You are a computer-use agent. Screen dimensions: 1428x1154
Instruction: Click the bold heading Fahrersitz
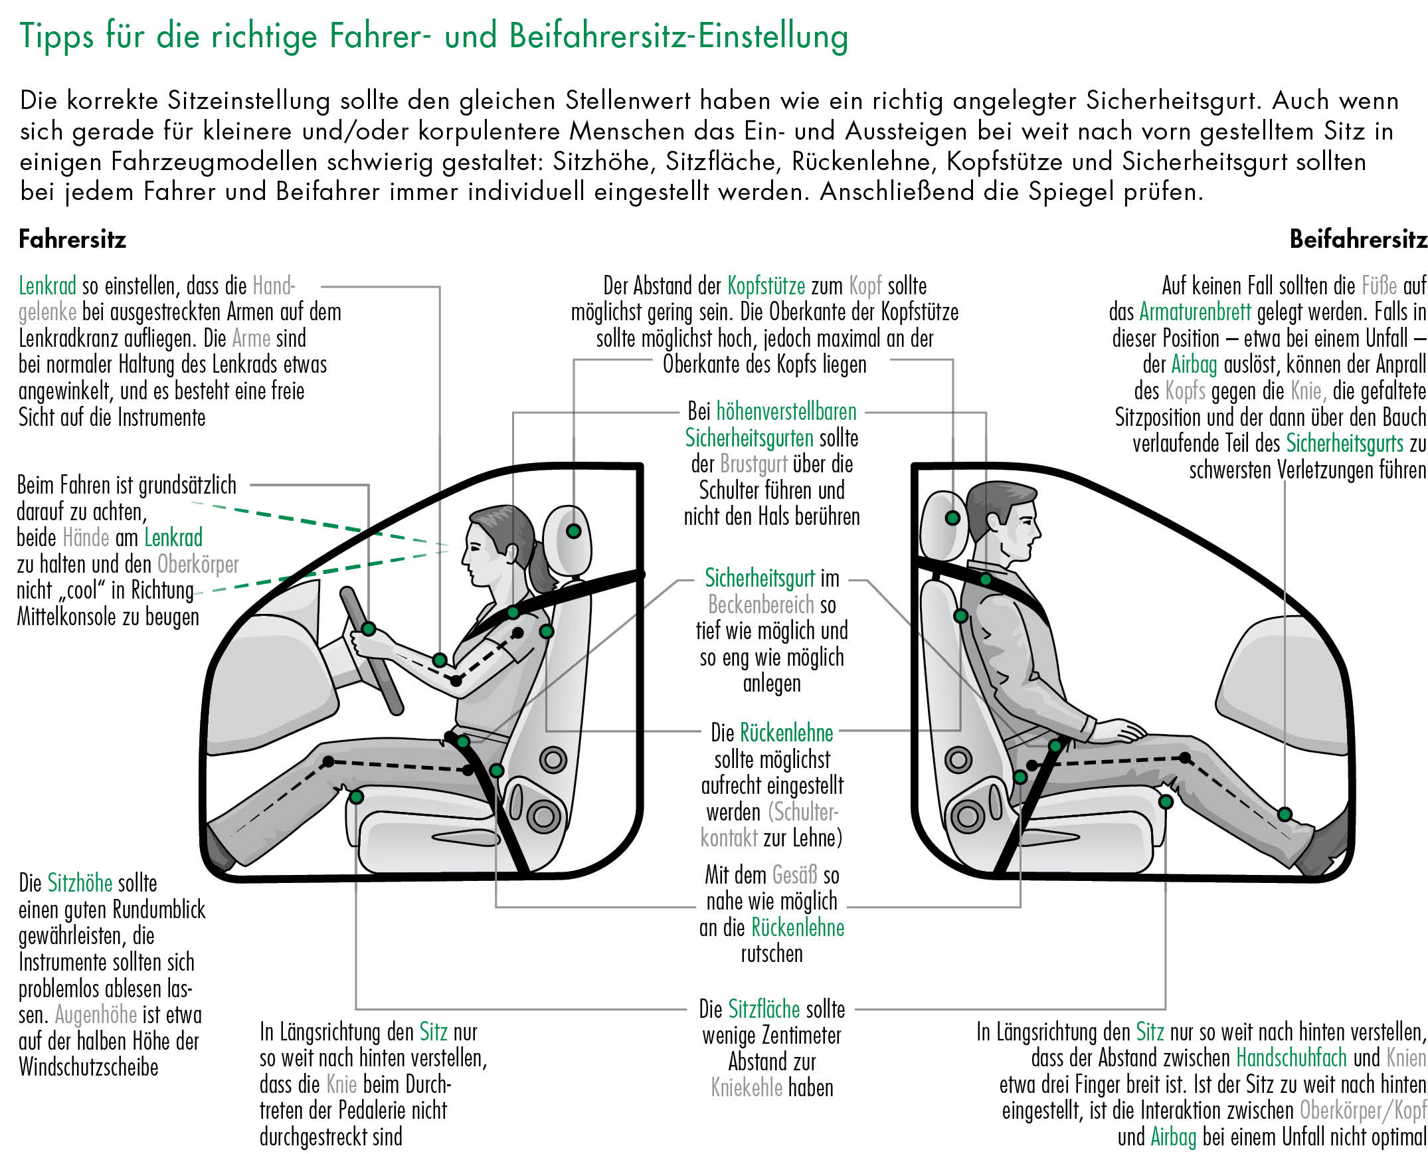(72, 239)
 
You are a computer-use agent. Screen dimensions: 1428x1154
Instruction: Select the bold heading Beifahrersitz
(1358, 239)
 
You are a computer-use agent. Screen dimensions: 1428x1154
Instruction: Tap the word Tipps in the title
(56, 37)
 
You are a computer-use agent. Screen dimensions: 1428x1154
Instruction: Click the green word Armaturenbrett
(1196, 312)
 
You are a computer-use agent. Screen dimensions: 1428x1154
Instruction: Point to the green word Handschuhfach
(1291, 1058)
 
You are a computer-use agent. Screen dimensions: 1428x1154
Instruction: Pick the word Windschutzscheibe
(88, 1067)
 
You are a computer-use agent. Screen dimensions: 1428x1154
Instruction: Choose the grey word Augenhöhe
(96, 1015)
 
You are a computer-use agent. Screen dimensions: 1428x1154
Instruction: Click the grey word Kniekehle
(747, 1088)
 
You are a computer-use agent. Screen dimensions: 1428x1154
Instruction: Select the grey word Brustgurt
(754, 464)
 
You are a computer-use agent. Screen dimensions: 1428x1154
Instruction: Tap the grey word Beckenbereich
(760, 605)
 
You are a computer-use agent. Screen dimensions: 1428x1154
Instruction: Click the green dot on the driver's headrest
(573, 531)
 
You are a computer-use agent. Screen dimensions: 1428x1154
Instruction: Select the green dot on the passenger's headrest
(952, 518)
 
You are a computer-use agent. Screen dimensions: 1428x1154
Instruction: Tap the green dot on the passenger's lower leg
(1285, 815)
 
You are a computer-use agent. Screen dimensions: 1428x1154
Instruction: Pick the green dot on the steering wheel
(369, 629)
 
